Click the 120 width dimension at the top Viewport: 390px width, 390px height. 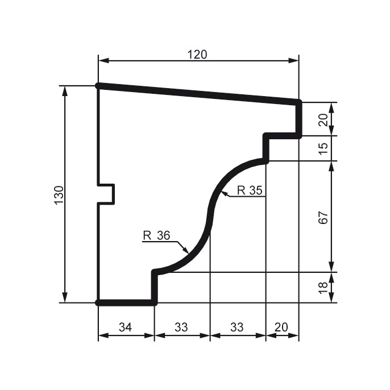pyautogui.click(x=197, y=54)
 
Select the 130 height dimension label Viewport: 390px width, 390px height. pyautogui.click(x=59, y=195)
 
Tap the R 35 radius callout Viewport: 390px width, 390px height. pyautogui.click(x=250, y=190)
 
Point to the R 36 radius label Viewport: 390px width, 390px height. pyautogui.click(x=156, y=235)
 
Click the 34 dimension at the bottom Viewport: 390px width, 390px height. pyautogui.click(x=126, y=327)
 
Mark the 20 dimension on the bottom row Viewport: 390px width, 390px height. pyautogui.click(x=281, y=327)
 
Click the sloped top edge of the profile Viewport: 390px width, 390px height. pyautogui.click(x=199, y=94)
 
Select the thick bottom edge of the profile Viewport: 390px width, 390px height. pyautogui.click(x=126, y=302)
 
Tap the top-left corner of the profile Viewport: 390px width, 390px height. pyautogui.click(x=98, y=86)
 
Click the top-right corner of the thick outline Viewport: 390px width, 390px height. pyautogui.click(x=298, y=102)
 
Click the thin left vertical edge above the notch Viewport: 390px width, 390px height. pyautogui.click(x=98, y=136)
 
